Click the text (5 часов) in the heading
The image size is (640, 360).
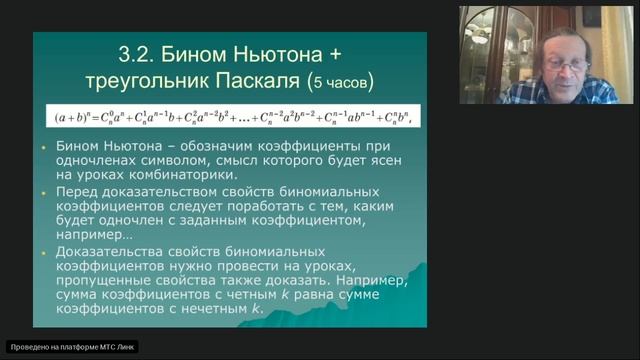coord(345,81)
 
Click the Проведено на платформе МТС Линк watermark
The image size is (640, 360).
coord(72,347)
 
